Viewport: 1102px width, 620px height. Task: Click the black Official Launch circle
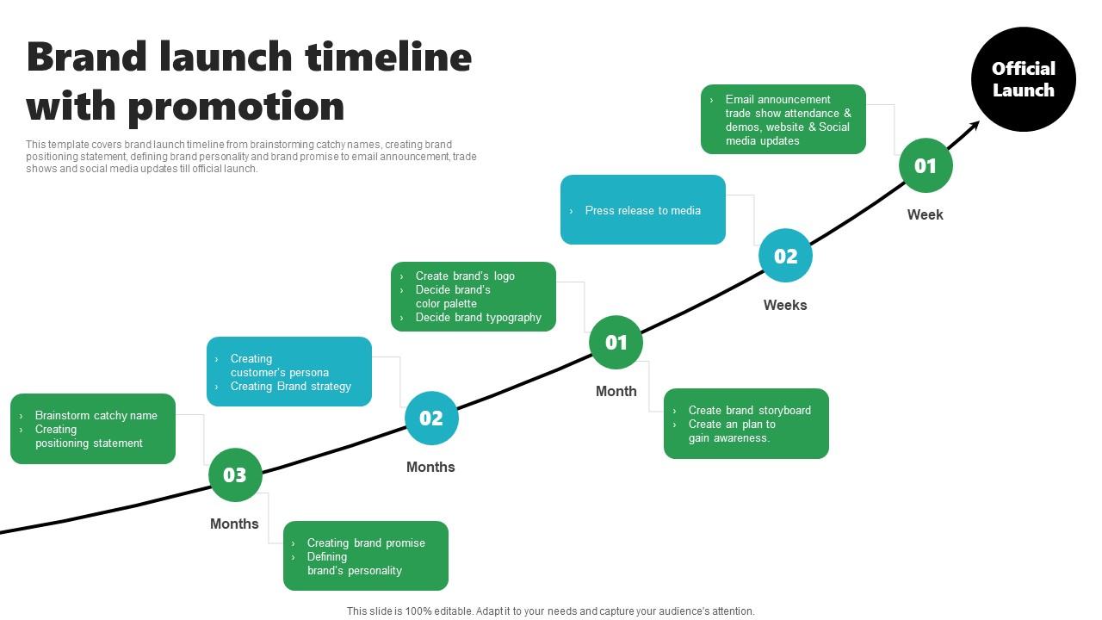(1023, 79)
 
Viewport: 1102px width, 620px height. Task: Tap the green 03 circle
(235, 474)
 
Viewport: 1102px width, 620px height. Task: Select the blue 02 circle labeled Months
(431, 418)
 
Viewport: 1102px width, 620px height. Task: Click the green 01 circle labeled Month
(616, 343)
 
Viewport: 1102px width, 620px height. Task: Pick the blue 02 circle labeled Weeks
(785, 256)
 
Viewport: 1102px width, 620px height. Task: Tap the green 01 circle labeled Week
(926, 165)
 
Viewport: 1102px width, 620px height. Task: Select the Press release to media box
(643, 210)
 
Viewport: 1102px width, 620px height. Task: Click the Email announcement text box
(783, 120)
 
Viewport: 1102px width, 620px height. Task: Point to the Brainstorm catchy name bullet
(96, 415)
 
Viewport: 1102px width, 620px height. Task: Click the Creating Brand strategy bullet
(290, 387)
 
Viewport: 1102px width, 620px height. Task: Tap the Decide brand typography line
(478, 318)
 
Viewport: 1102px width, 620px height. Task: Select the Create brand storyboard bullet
(749, 410)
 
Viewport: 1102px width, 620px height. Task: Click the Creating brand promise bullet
(366, 542)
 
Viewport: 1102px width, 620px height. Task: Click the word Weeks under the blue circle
(785, 305)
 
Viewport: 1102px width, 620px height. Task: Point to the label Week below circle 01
(925, 214)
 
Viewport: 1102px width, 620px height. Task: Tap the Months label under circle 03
(234, 524)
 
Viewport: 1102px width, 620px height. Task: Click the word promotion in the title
(236, 107)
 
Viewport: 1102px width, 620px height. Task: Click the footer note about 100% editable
(550, 611)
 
